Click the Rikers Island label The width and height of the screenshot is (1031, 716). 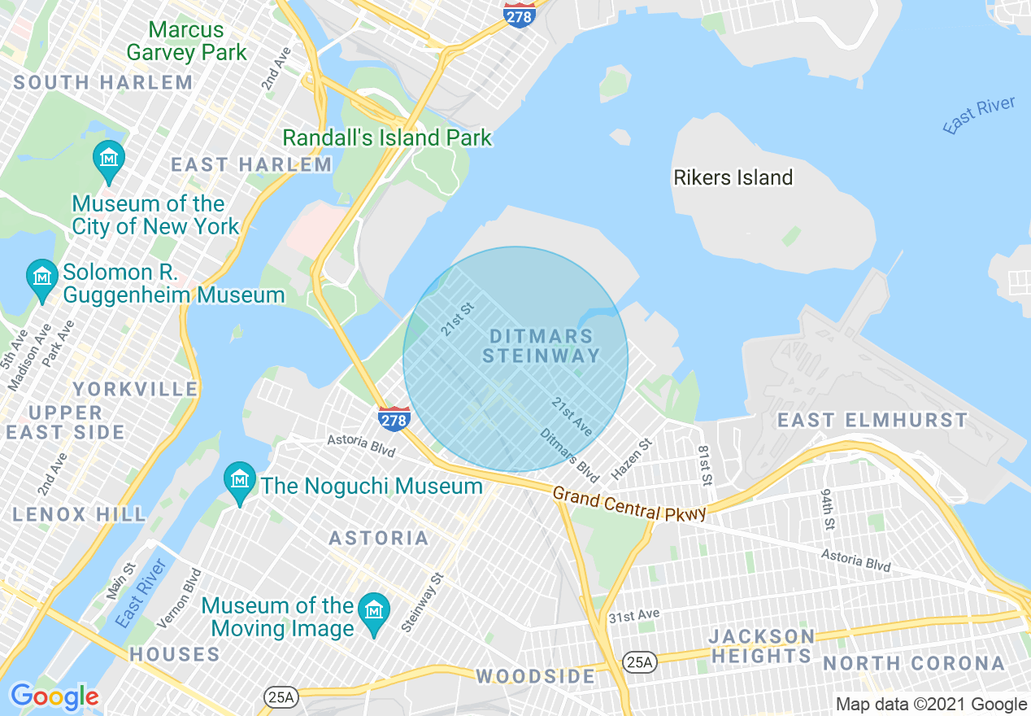(x=733, y=177)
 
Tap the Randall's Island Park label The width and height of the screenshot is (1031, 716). (x=387, y=138)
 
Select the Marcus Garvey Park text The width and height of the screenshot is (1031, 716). (x=186, y=41)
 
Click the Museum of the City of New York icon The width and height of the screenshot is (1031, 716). (x=108, y=155)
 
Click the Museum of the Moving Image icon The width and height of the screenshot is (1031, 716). (x=374, y=609)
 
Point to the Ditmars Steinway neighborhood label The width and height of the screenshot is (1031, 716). (x=542, y=346)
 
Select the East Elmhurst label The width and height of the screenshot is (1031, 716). (x=872, y=421)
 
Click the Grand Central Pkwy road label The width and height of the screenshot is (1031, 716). (x=629, y=504)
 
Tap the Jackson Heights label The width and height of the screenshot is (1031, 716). (x=761, y=646)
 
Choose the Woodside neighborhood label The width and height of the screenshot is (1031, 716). (x=536, y=676)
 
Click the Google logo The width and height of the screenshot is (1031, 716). (x=54, y=696)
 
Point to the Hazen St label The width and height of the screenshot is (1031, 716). (x=633, y=459)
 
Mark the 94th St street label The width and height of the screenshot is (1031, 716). (x=828, y=509)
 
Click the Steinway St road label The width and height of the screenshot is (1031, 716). (x=423, y=602)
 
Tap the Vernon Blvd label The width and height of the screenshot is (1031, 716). (x=179, y=598)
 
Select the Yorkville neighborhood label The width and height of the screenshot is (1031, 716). (x=135, y=389)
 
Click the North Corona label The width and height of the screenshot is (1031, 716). (x=914, y=664)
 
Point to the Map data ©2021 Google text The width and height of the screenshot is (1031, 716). (x=932, y=705)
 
